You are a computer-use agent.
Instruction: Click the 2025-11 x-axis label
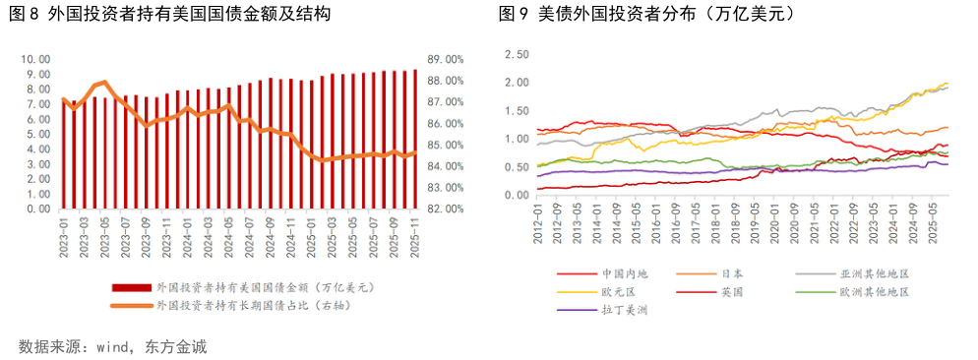[x=415, y=235]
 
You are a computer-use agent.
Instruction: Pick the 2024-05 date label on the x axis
[x=228, y=235]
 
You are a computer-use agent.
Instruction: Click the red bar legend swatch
[x=131, y=288]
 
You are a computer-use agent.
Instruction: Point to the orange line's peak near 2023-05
[x=104, y=82]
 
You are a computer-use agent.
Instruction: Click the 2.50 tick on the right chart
[x=517, y=54]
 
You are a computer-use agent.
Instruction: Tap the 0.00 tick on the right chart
[x=517, y=195]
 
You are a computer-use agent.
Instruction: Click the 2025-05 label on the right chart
[x=931, y=220]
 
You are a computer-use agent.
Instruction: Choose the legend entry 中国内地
[x=622, y=274]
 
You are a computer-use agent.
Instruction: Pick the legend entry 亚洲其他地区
[x=871, y=274]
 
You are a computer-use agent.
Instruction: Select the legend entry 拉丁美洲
[x=622, y=310]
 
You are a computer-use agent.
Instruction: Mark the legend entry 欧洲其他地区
[x=871, y=292]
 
